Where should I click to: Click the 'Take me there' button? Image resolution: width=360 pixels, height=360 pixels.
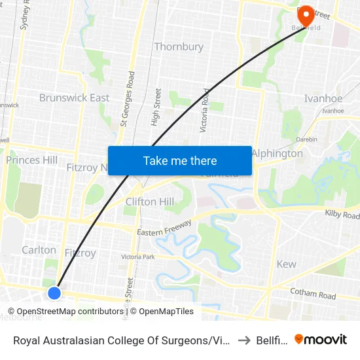pyautogui.click(x=179, y=160)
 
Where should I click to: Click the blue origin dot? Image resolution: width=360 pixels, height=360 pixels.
pyautogui.click(x=55, y=293)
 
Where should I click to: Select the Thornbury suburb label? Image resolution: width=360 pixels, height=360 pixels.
pyautogui.click(x=178, y=46)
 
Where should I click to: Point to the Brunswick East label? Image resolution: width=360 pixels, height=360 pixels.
pyautogui.click(x=74, y=98)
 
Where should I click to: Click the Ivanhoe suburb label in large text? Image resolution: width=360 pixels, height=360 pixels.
pyautogui.click(x=323, y=98)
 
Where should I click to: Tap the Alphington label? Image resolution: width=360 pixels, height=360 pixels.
pyautogui.click(x=278, y=153)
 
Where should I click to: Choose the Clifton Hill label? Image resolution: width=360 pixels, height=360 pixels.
pyautogui.click(x=150, y=202)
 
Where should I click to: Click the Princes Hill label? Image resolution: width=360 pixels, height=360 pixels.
pyautogui.click(x=31, y=160)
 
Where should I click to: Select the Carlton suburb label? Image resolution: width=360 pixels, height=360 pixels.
pyautogui.click(x=39, y=249)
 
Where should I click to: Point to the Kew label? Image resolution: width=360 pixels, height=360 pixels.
pyautogui.click(x=286, y=264)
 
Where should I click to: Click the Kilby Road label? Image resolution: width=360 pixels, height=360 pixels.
pyautogui.click(x=342, y=215)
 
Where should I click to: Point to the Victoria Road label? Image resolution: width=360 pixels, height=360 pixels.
pyautogui.click(x=206, y=110)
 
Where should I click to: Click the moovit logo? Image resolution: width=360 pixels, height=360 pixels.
pyautogui.click(x=321, y=339)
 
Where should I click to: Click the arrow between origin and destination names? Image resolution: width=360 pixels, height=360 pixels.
pyautogui.click(x=243, y=340)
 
